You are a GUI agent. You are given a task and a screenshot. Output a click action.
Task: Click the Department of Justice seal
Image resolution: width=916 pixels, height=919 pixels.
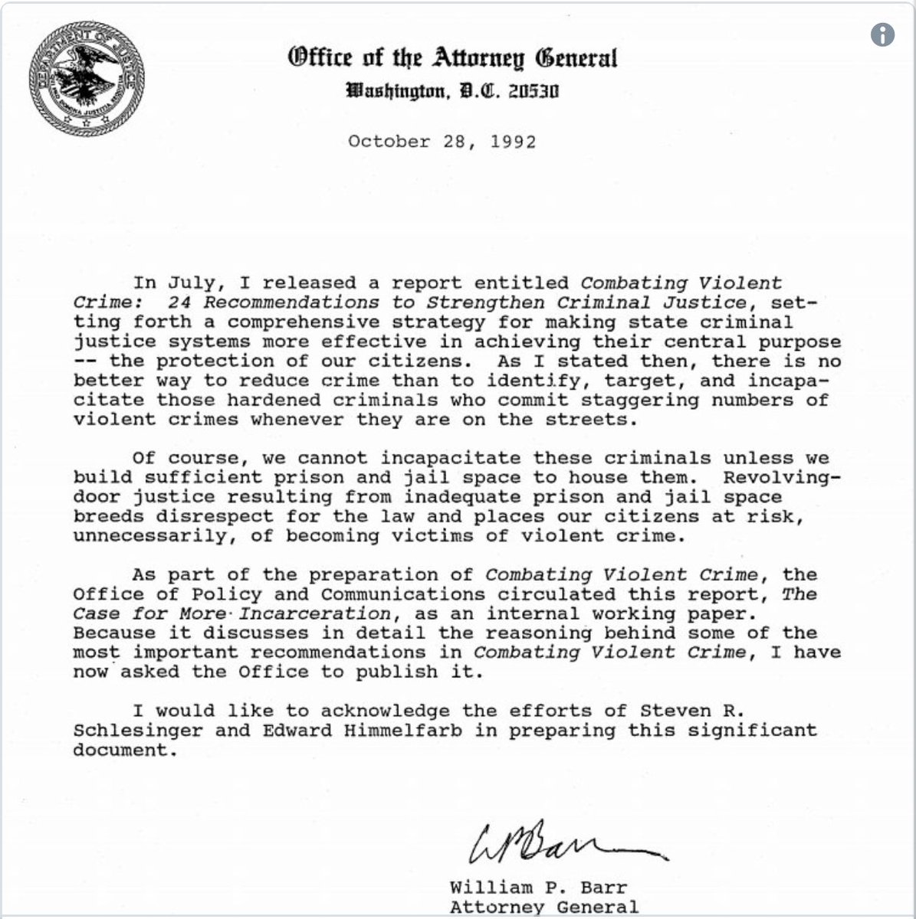point(87,79)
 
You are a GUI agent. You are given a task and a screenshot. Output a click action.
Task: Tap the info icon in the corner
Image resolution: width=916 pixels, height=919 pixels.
point(882,34)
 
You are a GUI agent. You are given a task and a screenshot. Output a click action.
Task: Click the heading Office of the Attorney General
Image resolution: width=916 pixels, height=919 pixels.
point(452,57)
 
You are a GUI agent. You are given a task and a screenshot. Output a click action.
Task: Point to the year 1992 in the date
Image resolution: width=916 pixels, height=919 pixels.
point(512,142)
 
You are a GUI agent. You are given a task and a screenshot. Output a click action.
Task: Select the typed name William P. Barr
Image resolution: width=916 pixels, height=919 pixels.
point(538,888)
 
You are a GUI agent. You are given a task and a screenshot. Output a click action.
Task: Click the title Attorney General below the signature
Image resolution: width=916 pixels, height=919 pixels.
point(543,908)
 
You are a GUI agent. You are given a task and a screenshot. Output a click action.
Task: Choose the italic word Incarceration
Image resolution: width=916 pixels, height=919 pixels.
point(316,613)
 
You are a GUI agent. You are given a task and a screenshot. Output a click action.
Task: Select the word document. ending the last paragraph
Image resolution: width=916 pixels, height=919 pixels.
point(120,750)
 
